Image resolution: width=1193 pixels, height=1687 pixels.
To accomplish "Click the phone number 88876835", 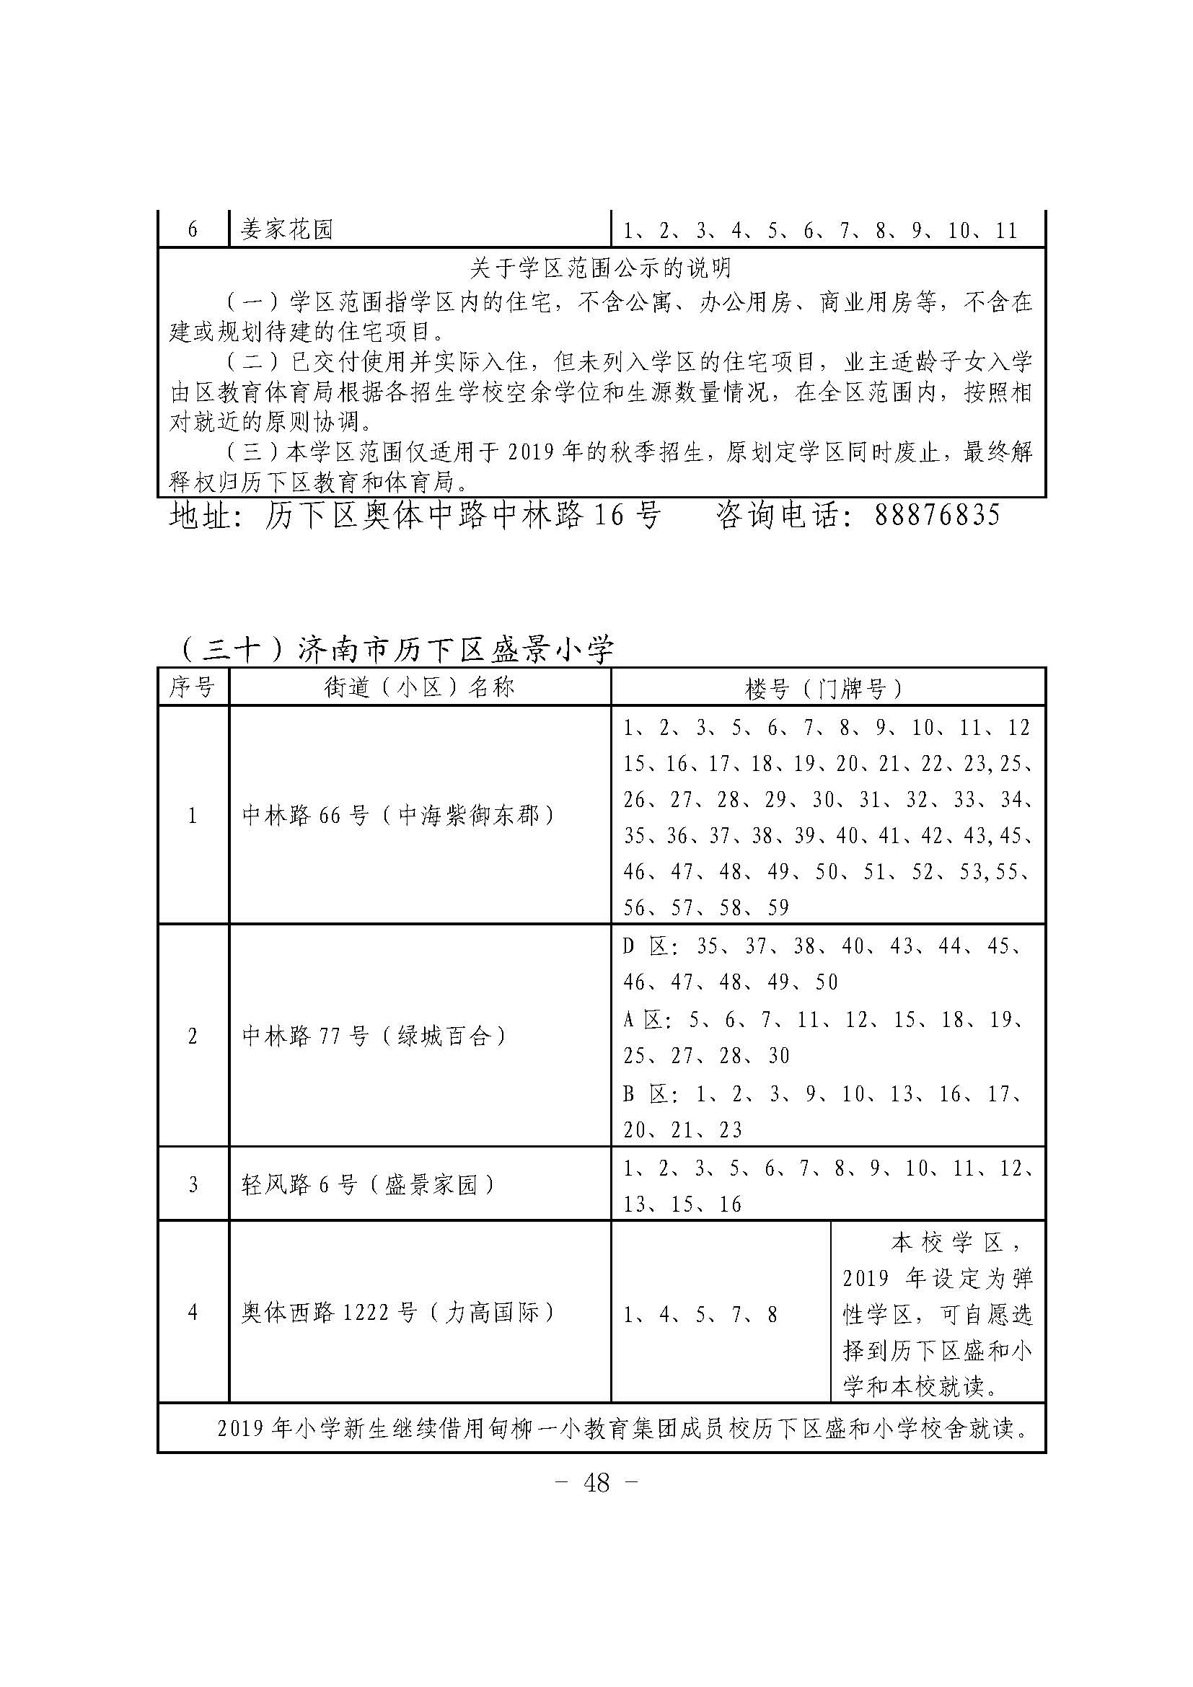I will click(937, 515).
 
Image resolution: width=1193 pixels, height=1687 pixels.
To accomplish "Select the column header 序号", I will click(193, 687).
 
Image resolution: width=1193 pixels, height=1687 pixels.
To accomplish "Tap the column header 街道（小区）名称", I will click(420, 687).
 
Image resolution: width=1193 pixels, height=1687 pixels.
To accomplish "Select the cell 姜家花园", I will click(287, 230).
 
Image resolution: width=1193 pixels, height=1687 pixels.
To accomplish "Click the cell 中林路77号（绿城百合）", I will click(374, 1036).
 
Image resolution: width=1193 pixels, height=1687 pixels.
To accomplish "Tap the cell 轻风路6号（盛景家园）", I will click(369, 1184).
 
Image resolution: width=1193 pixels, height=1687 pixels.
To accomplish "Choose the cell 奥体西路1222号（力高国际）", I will click(399, 1312).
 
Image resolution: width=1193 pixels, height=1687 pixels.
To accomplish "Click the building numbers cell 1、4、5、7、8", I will click(700, 1313).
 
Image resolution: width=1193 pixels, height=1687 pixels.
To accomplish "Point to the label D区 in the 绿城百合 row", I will click(645, 946).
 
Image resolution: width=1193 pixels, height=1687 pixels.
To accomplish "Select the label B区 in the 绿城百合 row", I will click(645, 1094).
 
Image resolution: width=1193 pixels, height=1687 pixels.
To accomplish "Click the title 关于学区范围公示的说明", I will click(601, 269).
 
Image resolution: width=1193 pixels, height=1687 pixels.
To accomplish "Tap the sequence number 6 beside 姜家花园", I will click(193, 230).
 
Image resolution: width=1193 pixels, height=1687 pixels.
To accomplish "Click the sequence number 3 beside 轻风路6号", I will click(193, 1184).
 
